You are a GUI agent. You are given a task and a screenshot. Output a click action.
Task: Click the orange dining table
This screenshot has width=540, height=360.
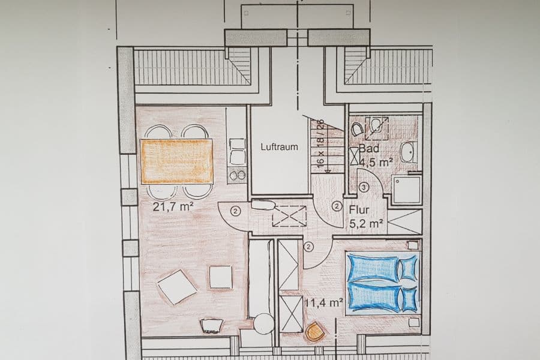click(x=178, y=161)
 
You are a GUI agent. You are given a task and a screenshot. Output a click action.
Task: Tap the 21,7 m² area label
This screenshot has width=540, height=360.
click(x=172, y=208)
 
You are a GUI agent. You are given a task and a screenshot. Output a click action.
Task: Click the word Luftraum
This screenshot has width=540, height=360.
click(x=279, y=146)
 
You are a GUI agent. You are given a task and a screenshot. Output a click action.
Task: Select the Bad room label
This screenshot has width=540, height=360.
click(x=367, y=149)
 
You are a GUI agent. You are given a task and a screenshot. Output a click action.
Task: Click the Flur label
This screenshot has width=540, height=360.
click(x=359, y=211)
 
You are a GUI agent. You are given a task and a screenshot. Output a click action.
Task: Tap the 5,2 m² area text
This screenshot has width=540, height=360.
click(x=367, y=223)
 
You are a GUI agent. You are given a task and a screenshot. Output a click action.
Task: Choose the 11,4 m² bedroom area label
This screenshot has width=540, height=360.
click(x=323, y=302)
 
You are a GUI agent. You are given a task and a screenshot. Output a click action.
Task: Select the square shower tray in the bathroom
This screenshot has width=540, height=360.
click(x=406, y=190)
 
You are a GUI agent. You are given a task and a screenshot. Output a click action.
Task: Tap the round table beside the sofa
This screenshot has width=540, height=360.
click(x=263, y=324)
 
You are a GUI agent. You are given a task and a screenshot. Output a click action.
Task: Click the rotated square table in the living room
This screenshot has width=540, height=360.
click(x=177, y=287)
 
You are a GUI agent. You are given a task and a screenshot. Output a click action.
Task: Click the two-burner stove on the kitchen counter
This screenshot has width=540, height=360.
click(x=238, y=175)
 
